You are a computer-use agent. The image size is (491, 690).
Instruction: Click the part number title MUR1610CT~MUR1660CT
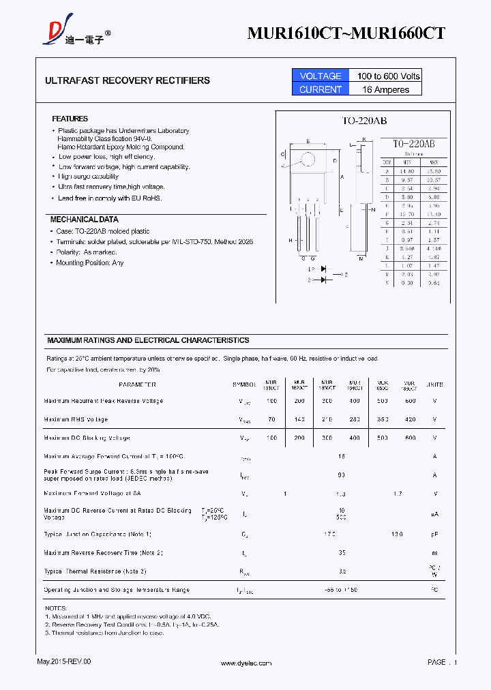346,33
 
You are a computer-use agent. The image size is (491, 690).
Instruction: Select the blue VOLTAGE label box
320,76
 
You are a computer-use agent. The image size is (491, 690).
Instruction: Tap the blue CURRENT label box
320,89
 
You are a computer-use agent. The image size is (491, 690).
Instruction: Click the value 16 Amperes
386,89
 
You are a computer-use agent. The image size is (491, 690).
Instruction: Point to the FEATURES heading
70,119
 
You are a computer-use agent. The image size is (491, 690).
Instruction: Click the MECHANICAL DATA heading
84,220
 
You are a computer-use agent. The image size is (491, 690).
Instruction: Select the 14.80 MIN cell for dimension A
406,170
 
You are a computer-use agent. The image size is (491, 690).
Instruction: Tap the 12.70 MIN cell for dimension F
406,214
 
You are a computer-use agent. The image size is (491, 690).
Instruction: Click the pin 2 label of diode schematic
346,274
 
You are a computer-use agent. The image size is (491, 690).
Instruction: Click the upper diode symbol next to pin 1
323,269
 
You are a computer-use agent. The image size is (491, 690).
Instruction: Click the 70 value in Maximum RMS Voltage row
271,419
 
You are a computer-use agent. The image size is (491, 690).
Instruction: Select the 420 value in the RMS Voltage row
409,419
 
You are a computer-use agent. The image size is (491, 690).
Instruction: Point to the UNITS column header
434,385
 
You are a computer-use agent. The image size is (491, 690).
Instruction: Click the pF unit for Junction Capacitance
434,534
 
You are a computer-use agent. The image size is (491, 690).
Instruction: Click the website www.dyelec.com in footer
246,663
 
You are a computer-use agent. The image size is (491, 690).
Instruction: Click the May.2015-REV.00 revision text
63,661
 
